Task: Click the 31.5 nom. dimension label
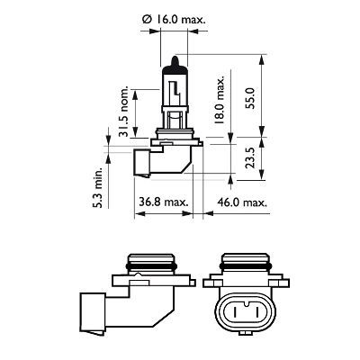(x=126, y=109)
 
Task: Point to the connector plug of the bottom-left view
(x=98, y=314)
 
